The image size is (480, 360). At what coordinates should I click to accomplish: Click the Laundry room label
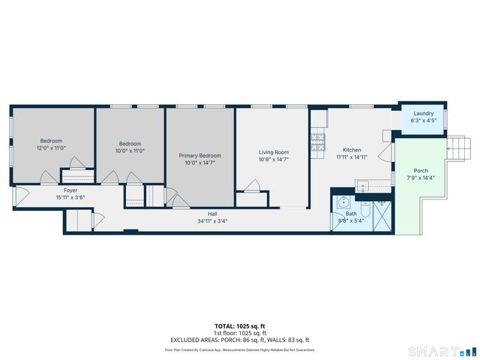(422, 113)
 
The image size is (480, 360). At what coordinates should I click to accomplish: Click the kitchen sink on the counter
(363, 183)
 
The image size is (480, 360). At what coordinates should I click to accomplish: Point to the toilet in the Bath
(364, 203)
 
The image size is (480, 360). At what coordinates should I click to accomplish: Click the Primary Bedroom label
(199, 155)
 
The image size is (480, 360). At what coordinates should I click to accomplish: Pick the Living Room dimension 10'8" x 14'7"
(274, 159)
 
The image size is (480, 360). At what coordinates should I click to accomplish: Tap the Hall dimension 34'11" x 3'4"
(214, 221)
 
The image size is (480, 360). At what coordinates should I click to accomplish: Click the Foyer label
(70, 190)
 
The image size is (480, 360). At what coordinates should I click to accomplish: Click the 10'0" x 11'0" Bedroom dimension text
(130, 151)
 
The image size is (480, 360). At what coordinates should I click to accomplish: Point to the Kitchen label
(352, 150)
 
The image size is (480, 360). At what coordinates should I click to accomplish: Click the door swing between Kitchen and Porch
(385, 154)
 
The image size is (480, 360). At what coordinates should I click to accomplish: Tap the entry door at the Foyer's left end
(19, 199)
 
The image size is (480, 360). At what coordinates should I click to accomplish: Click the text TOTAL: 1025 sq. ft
(239, 326)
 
